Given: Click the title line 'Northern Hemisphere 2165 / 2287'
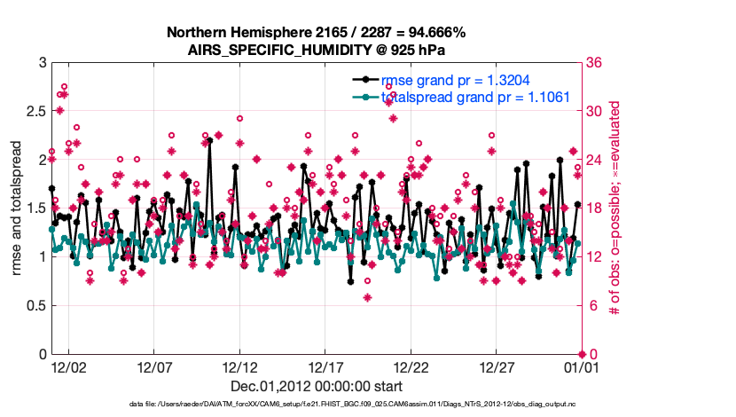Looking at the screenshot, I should pos(316,33).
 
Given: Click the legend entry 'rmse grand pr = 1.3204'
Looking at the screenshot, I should pos(455,80).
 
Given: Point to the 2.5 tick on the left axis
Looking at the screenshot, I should pos(33,112).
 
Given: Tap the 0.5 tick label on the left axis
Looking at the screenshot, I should pos(33,306).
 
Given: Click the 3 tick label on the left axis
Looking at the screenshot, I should pos(41,63).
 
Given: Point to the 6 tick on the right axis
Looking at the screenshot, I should pos(590,306).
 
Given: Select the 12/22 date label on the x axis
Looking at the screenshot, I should pos(411,366).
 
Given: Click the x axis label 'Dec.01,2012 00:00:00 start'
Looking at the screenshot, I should pos(317,386).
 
